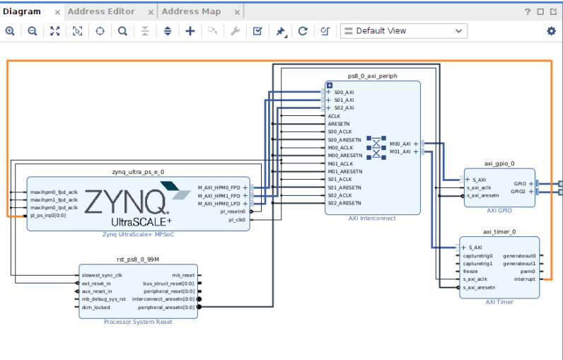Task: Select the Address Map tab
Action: [x=191, y=11]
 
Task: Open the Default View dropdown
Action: [x=403, y=31]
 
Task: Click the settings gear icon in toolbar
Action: [x=551, y=31]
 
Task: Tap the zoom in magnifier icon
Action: [x=10, y=31]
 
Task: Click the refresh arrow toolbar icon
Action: [x=303, y=31]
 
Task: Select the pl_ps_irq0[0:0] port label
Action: [x=48, y=215]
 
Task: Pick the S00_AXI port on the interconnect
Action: [x=344, y=93]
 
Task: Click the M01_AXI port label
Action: [x=400, y=151]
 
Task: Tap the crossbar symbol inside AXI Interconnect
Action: [x=376, y=146]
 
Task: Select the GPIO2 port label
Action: [x=518, y=191]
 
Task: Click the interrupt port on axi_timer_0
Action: [x=524, y=279]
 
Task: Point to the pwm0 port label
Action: [x=528, y=271]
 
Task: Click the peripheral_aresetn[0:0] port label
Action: [x=167, y=308]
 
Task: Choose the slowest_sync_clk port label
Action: [x=102, y=275]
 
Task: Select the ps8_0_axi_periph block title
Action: [x=372, y=75]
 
